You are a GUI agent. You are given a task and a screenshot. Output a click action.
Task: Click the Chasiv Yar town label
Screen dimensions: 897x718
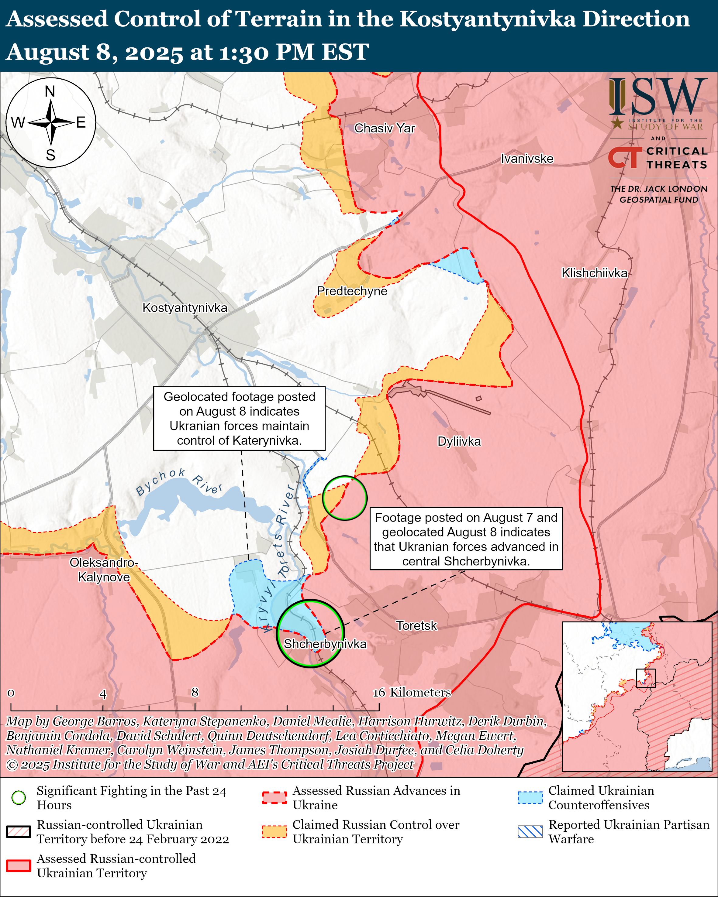click(x=384, y=128)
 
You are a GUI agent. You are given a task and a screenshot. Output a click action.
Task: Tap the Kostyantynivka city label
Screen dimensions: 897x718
click(x=185, y=308)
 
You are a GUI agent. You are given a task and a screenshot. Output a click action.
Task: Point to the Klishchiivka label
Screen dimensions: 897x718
click(x=594, y=273)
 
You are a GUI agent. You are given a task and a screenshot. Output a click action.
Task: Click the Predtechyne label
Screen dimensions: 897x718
click(x=352, y=291)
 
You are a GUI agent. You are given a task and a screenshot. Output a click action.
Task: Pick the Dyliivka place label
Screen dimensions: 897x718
click(x=459, y=441)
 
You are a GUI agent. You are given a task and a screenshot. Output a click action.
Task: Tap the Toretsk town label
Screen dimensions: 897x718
click(x=416, y=626)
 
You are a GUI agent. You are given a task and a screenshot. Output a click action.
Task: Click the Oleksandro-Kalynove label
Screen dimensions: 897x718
click(x=104, y=570)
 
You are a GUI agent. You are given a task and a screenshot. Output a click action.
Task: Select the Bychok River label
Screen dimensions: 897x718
click(x=179, y=482)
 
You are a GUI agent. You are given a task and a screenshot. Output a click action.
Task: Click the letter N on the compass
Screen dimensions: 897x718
click(x=50, y=91)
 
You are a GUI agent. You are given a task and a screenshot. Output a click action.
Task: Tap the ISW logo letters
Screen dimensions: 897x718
click(x=658, y=97)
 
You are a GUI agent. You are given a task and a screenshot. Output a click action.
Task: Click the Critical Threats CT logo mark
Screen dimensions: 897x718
click(x=625, y=158)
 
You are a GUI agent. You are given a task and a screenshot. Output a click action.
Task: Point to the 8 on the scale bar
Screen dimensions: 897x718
click(x=195, y=692)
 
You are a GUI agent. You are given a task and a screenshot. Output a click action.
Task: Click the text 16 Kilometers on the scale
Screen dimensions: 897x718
click(x=411, y=692)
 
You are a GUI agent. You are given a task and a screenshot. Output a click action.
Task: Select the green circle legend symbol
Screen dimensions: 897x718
click(x=19, y=798)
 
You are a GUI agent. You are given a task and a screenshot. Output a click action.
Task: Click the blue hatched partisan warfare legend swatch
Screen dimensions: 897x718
click(x=530, y=832)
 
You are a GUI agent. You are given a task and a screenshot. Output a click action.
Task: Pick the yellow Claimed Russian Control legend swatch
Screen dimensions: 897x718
click(x=274, y=832)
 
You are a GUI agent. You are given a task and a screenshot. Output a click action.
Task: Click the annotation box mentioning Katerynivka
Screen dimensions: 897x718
click(x=239, y=419)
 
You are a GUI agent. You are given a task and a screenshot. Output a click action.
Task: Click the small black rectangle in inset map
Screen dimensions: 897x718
click(x=646, y=678)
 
